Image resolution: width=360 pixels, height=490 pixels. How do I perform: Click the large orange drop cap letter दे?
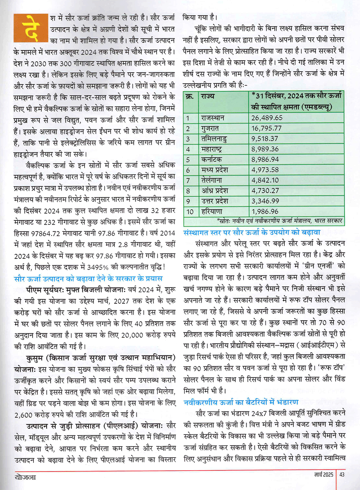tap(31, 28)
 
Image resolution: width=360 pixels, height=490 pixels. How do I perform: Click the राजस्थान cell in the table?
tap(213, 118)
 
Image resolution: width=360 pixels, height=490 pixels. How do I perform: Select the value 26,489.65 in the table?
tap(267, 118)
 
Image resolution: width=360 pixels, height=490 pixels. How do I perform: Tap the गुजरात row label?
tap(210, 129)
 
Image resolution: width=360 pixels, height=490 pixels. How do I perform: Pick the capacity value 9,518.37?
tap(265, 139)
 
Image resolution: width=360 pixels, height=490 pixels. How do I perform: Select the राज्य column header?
tap(208, 96)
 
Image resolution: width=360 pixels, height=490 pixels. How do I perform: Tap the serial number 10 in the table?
tap(190, 212)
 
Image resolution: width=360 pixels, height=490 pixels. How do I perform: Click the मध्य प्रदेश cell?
tap(215, 170)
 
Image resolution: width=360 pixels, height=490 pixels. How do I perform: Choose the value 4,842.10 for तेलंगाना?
tap(265, 180)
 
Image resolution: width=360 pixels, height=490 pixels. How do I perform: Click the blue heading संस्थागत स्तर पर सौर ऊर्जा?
tap(252, 233)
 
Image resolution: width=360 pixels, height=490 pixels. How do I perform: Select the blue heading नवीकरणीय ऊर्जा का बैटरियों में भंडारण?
tap(241, 402)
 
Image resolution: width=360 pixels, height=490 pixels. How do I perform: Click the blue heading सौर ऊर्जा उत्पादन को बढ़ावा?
tap(88, 279)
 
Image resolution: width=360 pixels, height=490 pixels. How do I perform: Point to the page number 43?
tap(342, 475)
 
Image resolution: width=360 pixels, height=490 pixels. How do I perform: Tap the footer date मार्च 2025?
tap(324, 475)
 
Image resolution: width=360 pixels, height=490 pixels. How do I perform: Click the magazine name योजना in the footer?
tap(26, 477)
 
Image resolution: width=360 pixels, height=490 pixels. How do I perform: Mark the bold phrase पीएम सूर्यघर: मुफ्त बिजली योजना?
tap(76, 289)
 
